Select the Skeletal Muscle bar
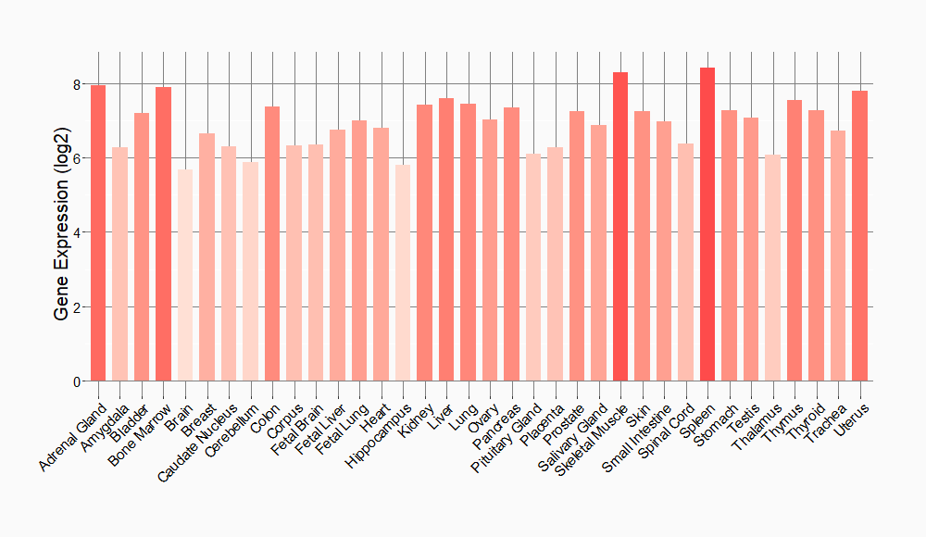click(x=620, y=227)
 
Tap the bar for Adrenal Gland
click(x=98, y=232)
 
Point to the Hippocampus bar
click(x=403, y=273)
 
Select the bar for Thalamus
click(x=772, y=268)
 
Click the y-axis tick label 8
click(x=77, y=84)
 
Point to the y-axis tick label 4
click(x=77, y=232)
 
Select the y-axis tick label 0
click(x=77, y=381)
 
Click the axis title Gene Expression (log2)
click(x=61, y=232)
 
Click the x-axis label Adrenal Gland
click(x=75, y=434)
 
